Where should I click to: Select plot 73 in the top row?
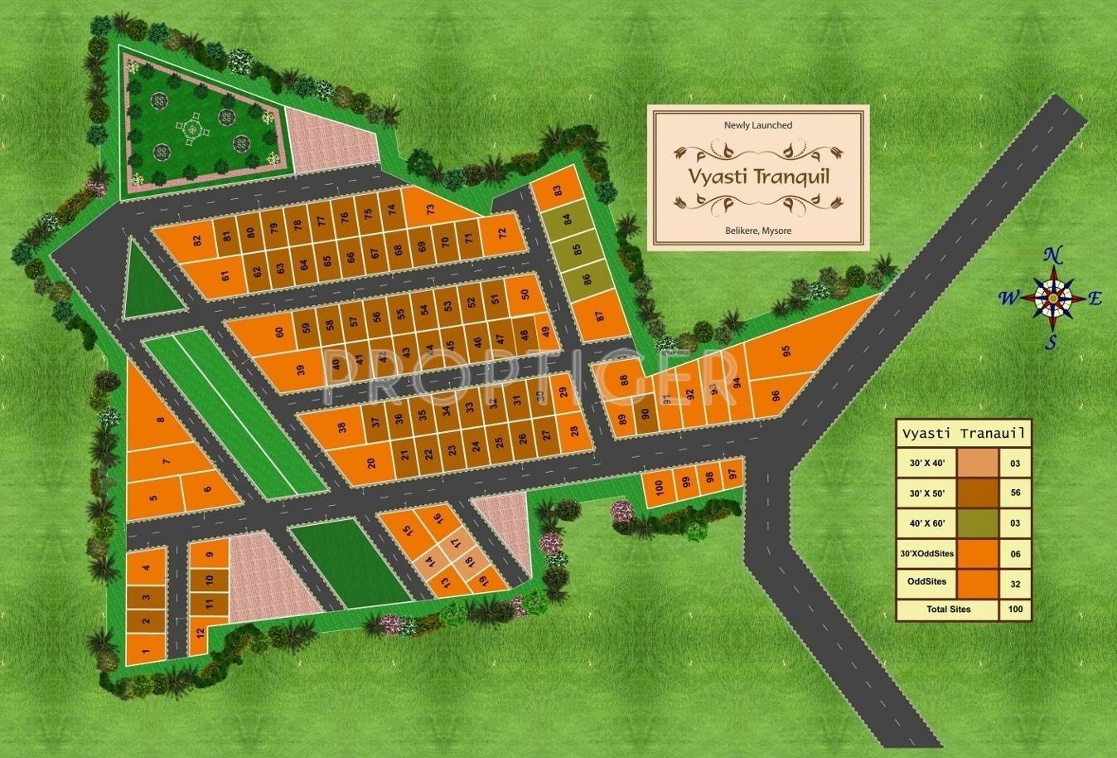430,211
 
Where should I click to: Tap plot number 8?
160,420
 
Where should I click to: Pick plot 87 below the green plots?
600,316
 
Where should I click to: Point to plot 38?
341,429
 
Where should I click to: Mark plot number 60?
279,332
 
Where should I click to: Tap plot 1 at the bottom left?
145,653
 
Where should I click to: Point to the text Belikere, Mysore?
757,230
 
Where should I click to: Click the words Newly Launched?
758,125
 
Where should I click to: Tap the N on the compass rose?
1052,255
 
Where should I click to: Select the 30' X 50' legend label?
926,493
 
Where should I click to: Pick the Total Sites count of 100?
1015,610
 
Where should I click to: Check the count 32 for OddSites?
1015,583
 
